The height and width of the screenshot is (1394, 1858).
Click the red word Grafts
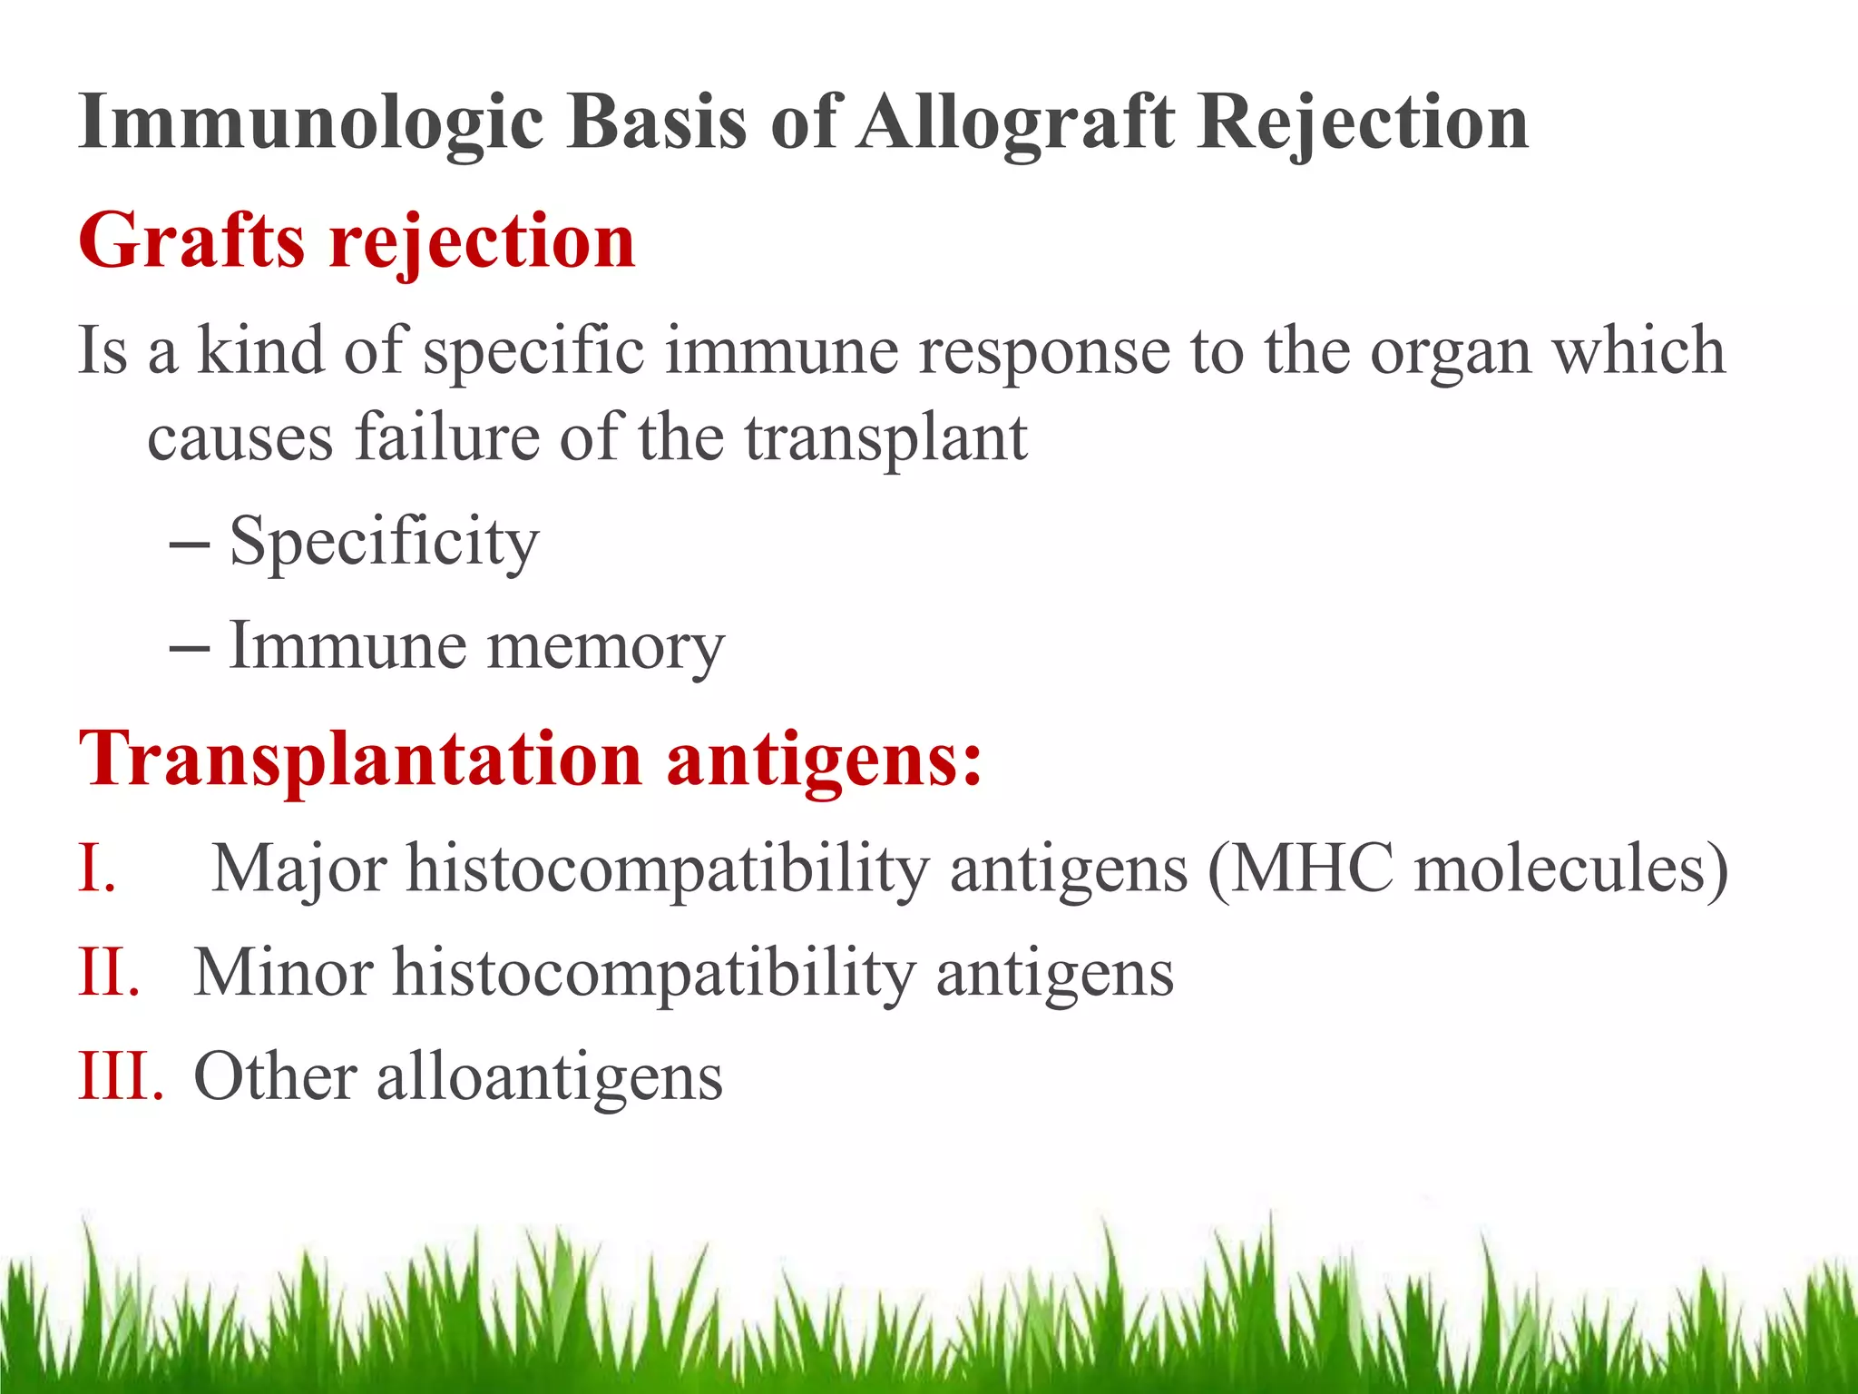point(191,241)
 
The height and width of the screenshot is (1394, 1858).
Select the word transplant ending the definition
point(885,439)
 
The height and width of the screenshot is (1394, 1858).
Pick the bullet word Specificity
point(384,543)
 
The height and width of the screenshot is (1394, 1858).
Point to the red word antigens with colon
point(824,761)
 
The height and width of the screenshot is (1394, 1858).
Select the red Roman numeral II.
point(108,973)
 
